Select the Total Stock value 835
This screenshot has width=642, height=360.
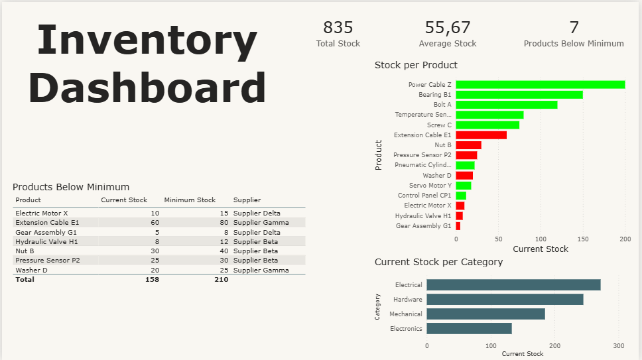coord(338,28)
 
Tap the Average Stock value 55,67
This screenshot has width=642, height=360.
coord(447,28)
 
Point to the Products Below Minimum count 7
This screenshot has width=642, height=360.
coord(574,28)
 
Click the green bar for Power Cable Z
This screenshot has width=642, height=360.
coord(540,85)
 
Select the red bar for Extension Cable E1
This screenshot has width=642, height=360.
coord(481,135)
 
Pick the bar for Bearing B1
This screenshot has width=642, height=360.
coord(519,95)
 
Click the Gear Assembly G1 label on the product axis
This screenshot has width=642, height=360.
coord(423,226)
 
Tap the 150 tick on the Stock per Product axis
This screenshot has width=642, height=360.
coord(582,239)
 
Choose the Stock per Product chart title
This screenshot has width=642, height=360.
coord(416,65)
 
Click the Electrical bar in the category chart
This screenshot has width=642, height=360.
coord(513,285)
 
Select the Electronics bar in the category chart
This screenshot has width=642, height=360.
coord(469,328)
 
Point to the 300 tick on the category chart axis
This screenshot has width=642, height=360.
coord(618,345)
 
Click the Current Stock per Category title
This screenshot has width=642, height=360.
coord(438,262)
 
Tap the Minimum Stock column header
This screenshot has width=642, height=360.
coord(190,200)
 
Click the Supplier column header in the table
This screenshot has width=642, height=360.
coord(247,200)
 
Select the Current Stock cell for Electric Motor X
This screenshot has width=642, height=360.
coord(155,213)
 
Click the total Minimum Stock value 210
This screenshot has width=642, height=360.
coord(221,280)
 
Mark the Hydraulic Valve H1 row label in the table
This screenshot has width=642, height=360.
coord(46,242)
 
